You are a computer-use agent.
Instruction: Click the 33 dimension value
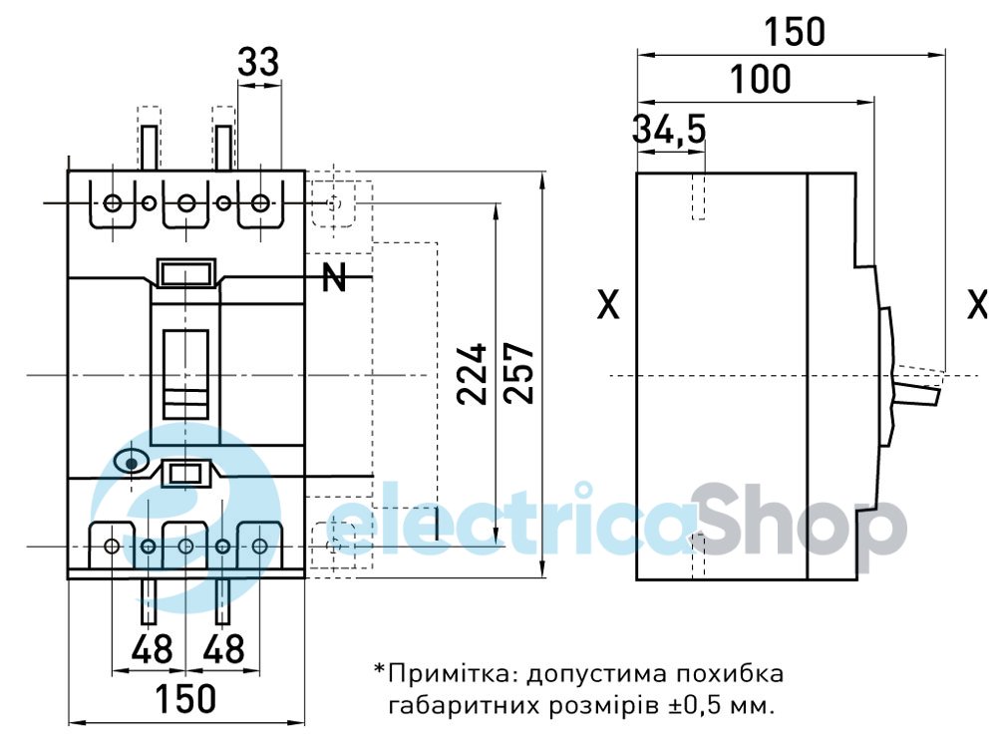point(259,63)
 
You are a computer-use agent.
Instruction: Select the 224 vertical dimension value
point(473,374)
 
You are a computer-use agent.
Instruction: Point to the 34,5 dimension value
point(669,129)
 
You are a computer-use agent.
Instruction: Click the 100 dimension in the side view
point(761,79)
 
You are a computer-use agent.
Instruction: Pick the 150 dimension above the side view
point(795,32)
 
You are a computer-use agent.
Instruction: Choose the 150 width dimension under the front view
point(185,698)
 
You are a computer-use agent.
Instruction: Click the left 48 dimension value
point(152,649)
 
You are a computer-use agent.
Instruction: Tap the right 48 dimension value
point(223,649)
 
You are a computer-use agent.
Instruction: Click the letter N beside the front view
point(334,278)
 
